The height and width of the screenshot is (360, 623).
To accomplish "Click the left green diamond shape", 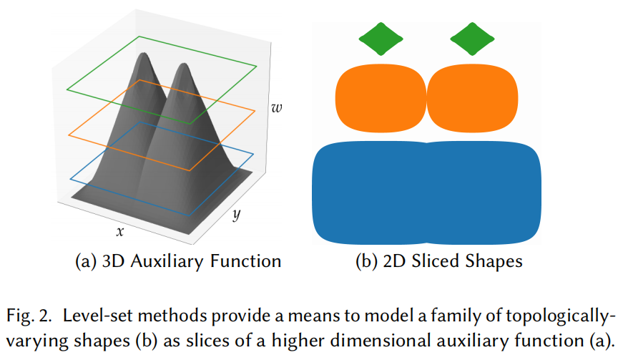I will pyautogui.click(x=381, y=39).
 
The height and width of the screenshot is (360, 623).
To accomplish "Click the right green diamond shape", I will pyautogui.click(x=473, y=39).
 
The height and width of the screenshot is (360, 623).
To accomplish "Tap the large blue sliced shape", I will pyautogui.click(x=426, y=193).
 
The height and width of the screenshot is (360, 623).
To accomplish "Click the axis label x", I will pyautogui.click(x=121, y=231).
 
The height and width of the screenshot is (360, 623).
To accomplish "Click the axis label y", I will pyautogui.click(x=235, y=216).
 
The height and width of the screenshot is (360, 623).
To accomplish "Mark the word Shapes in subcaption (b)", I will pyautogui.click(x=496, y=261).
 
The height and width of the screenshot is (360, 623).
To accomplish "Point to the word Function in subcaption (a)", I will pyautogui.click(x=249, y=261).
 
